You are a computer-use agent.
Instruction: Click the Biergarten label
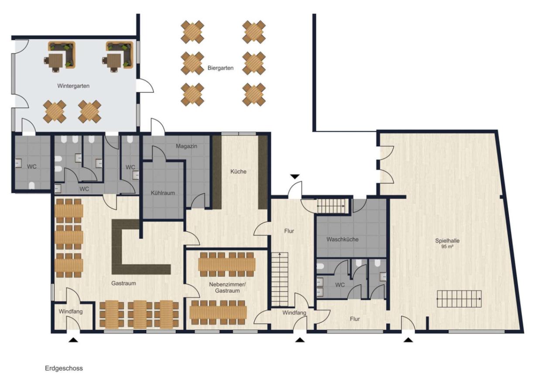coord(220,68)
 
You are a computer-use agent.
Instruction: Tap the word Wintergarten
coord(73,86)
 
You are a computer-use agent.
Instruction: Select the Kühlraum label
coord(163,193)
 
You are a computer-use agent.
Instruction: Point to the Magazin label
coord(186,146)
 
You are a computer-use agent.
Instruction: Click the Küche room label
coord(238,172)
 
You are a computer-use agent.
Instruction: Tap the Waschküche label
coord(343,240)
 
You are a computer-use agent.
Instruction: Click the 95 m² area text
coord(447,247)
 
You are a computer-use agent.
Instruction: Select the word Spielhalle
coord(447,240)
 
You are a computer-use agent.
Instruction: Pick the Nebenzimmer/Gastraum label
coord(227,287)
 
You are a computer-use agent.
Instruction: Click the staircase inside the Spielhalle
coord(459,299)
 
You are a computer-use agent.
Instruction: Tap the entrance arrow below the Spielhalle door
coord(408,340)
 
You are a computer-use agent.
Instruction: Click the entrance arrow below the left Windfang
coord(73,340)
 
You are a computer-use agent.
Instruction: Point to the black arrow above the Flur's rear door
coord(295,177)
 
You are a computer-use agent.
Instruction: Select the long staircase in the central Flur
coord(280,280)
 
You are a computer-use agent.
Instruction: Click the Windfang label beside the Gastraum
coord(71,311)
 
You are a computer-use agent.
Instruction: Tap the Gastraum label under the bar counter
coord(123,284)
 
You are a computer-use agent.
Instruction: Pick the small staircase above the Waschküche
coord(331,206)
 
